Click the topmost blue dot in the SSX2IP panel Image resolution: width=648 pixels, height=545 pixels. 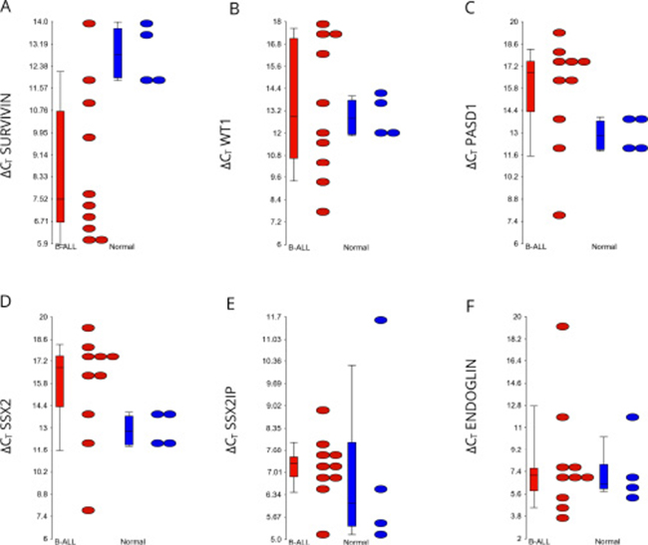tap(380, 320)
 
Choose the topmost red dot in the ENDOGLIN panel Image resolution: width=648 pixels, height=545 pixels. tap(562, 327)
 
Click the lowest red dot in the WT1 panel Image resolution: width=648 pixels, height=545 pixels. tap(322, 211)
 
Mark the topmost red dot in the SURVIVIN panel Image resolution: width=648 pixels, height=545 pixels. tap(90, 22)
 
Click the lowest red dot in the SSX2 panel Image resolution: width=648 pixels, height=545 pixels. tap(88, 510)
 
